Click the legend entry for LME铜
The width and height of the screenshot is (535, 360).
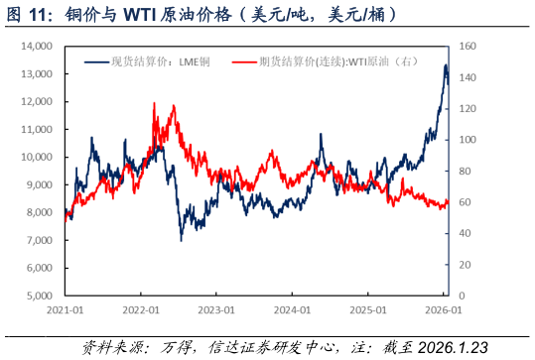(159, 61)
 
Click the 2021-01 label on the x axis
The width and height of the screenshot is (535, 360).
(65, 309)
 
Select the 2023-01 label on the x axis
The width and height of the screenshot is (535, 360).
(216, 309)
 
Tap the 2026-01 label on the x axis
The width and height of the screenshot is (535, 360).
(444, 309)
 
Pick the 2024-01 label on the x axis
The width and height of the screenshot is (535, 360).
(292, 309)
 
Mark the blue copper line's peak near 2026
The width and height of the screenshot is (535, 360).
(445, 65)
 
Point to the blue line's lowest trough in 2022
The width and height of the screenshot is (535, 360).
(181, 239)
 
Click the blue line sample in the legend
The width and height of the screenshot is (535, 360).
(96, 61)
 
